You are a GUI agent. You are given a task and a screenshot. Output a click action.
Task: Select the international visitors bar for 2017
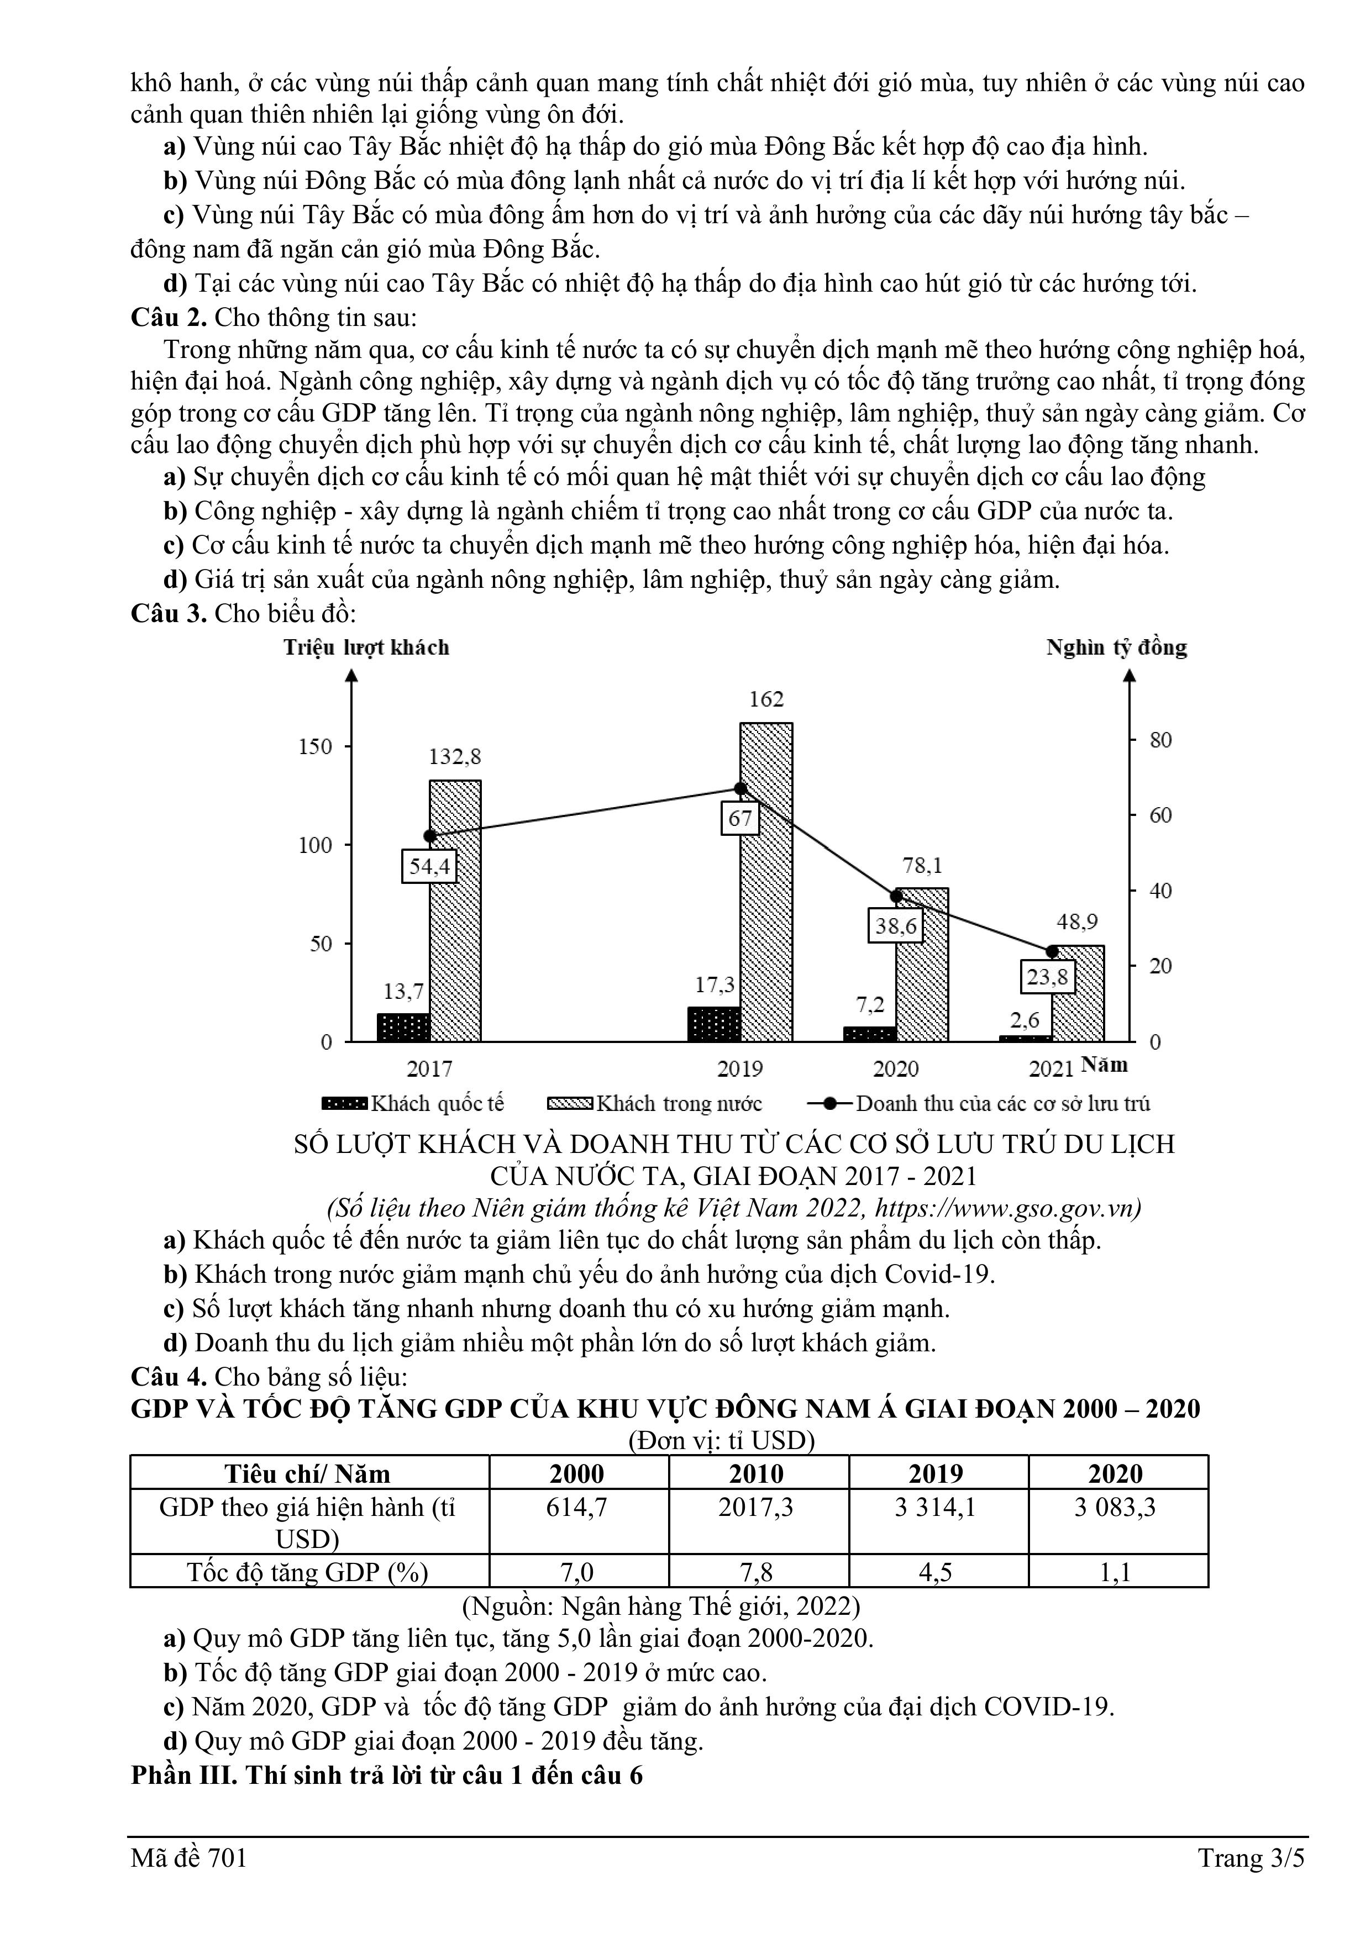[x=403, y=1027]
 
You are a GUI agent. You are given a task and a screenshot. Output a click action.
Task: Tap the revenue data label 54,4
[x=429, y=865]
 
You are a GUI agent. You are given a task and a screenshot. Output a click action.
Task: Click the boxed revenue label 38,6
[x=896, y=925]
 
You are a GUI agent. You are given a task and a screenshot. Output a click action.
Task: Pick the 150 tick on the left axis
[x=316, y=746]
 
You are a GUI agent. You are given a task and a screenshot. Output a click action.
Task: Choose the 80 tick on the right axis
[x=1161, y=740]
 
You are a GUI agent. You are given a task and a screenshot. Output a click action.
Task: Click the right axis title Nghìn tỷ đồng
[x=1117, y=647]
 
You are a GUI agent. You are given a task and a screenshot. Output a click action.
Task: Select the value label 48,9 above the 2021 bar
[x=1077, y=921]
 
